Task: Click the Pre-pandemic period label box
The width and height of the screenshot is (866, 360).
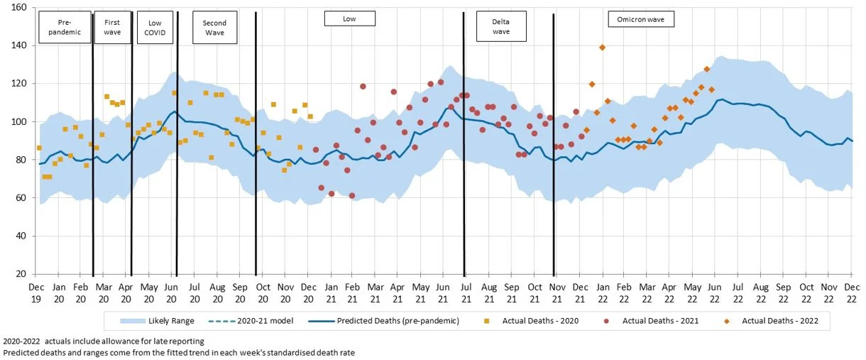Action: (x=65, y=27)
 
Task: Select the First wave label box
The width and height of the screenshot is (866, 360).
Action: (x=112, y=27)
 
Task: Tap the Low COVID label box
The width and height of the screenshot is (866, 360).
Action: (x=153, y=27)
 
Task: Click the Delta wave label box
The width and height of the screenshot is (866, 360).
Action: (x=500, y=27)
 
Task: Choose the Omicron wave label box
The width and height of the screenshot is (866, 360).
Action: (x=641, y=19)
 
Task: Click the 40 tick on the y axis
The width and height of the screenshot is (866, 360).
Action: (x=21, y=236)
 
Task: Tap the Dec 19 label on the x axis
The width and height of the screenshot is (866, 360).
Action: (x=35, y=292)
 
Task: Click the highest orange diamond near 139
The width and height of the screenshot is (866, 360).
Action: (x=602, y=48)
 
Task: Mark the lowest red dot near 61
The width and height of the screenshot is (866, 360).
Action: (x=352, y=195)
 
